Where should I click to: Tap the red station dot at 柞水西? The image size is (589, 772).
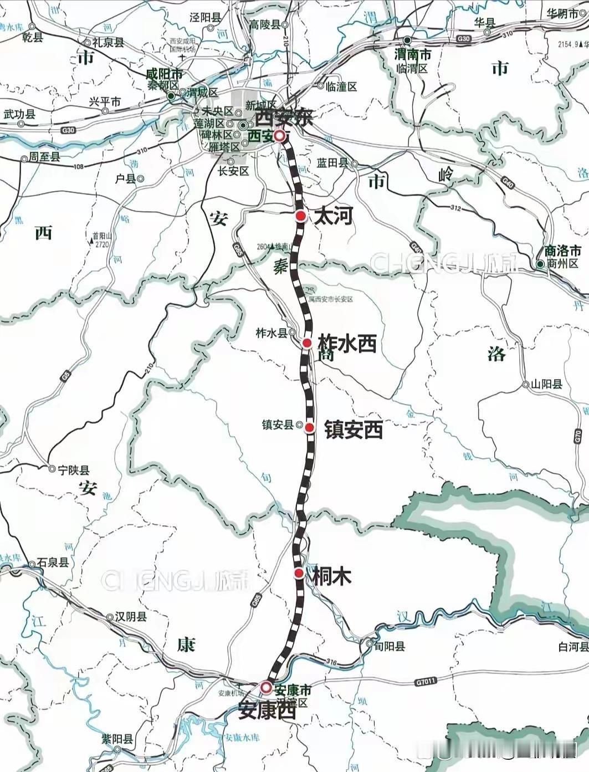click(307, 343)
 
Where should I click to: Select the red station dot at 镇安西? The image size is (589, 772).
click(310, 427)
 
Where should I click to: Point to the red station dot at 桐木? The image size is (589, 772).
click(299, 573)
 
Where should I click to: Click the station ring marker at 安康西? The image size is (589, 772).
click(266, 688)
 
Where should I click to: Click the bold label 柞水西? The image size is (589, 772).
click(347, 344)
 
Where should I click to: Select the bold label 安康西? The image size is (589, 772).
click(267, 710)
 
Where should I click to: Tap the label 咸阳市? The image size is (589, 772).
click(163, 74)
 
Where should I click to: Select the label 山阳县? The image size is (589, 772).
click(546, 384)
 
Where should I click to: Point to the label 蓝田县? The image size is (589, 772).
click(332, 162)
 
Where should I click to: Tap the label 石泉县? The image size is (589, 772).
click(53, 563)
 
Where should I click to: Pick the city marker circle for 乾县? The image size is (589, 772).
click(32, 26)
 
